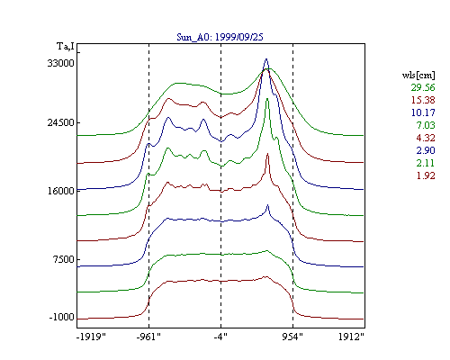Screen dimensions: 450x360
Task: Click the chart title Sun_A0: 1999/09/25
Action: click(220, 37)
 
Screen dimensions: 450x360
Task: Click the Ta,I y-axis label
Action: click(66, 47)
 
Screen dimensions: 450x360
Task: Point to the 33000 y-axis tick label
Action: click(60, 63)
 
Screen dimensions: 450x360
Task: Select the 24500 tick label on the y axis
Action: click(60, 122)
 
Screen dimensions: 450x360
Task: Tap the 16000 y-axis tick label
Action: click(60, 191)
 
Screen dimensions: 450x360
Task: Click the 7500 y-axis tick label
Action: click(63, 259)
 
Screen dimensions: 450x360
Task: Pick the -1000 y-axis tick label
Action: click(61, 317)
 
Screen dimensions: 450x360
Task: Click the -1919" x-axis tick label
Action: click(92, 337)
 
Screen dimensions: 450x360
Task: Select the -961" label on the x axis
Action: click(148, 337)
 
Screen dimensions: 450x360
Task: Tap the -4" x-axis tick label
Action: click(220, 337)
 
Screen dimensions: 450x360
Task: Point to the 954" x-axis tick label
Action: click(292, 337)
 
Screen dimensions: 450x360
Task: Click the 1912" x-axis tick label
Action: click(351, 337)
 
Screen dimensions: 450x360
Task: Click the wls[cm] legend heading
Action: click(418, 75)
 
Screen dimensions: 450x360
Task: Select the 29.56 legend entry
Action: click(423, 87)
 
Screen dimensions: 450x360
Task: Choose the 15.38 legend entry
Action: click(423, 100)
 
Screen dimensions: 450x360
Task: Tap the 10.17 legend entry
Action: click(423, 112)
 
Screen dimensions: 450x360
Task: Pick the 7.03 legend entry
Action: click(426, 125)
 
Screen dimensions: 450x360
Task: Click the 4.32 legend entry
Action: click(426, 138)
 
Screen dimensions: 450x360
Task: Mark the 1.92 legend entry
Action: click(426, 175)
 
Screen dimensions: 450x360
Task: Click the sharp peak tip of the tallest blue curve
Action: click(266, 58)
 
